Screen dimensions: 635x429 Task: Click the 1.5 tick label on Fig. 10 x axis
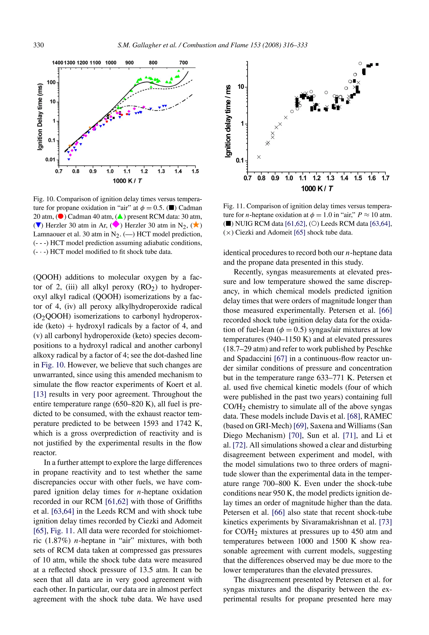tap(195, 171)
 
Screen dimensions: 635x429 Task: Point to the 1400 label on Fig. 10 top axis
tap(57, 63)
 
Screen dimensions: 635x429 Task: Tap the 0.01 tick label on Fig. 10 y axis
tap(50, 159)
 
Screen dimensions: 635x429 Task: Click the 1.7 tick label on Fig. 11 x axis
tap(385, 178)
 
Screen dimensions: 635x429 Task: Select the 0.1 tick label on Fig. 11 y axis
tap(240, 160)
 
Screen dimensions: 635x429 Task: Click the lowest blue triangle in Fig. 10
tap(69, 159)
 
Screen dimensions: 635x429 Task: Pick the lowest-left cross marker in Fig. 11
tap(259, 157)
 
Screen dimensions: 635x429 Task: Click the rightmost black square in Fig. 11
tap(377, 64)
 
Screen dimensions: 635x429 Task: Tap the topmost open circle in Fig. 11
tap(360, 63)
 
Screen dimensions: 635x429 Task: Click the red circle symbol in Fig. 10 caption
tap(61, 216)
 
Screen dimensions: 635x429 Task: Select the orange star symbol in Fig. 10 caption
tap(196, 225)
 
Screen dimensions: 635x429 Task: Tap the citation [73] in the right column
tap(385, 522)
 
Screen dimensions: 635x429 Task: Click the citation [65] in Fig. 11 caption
tap(299, 233)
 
